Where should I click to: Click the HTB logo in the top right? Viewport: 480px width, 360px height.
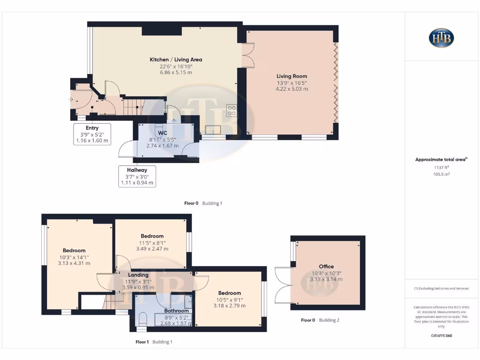pyautogui.click(x=441, y=38)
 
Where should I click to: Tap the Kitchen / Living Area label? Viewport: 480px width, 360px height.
pyautogui.click(x=176, y=60)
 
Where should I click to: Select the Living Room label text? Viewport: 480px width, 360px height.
pyautogui.click(x=292, y=76)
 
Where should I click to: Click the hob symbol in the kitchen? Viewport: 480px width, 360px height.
pyautogui.click(x=232, y=110)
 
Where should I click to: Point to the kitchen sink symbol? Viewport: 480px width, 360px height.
pyautogui.click(x=213, y=130)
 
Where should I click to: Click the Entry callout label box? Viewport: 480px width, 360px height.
pyautogui.click(x=92, y=134)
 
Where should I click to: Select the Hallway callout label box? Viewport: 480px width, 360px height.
pyautogui.click(x=136, y=176)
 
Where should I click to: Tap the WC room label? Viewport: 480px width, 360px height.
pyautogui.click(x=163, y=133)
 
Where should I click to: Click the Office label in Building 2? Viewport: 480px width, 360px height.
pyautogui.click(x=326, y=266)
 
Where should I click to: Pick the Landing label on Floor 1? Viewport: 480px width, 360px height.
pyautogui.click(x=138, y=275)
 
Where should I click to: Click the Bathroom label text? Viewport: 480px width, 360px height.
pyautogui.click(x=176, y=311)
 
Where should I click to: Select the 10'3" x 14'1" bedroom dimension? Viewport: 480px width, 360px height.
pyautogui.click(x=74, y=257)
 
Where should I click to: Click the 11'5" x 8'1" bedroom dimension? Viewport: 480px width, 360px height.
pyautogui.click(x=152, y=242)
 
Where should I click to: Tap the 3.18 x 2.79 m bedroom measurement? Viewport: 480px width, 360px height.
pyautogui.click(x=230, y=306)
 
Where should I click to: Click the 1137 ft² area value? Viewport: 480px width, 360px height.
pyautogui.click(x=441, y=167)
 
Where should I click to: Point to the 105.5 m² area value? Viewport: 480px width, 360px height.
pyautogui.click(x=441, y=174)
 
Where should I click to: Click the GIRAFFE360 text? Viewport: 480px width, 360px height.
pyautogui.click(x=441, y=336)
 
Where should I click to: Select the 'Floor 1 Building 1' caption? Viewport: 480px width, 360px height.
pyautogui.click(x=154, y=342)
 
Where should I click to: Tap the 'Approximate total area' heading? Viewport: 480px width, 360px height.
pyautogui.click(x=441, y=159)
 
